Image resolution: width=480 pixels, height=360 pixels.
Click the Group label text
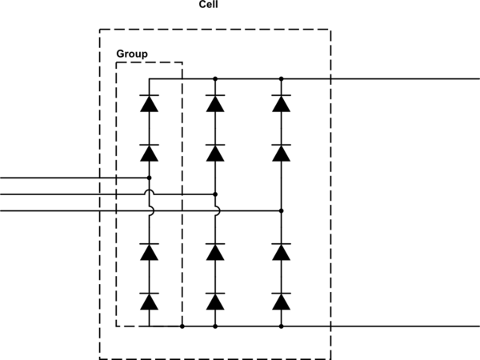(132, 54)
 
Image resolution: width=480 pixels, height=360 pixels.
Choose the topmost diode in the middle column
(215, 103)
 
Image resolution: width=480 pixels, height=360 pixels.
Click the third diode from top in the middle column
(215, 253)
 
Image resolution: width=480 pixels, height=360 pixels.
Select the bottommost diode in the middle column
(215, 302)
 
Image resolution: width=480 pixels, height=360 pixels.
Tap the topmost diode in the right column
(281, 103)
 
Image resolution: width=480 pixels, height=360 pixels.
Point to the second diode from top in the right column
(281, 152)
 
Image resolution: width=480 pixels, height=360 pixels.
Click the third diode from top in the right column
(281, 253)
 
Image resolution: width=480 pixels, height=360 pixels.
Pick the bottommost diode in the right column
(281, 302)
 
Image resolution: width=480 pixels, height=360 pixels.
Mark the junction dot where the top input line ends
(150, 178)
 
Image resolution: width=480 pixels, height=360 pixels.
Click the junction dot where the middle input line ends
(215, 194)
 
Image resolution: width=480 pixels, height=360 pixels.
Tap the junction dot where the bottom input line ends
(281, 210)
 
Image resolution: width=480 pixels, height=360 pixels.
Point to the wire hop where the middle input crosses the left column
(150, 194)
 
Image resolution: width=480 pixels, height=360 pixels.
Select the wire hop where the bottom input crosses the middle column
(215, 210)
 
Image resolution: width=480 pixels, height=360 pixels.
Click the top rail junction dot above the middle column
(215, 79)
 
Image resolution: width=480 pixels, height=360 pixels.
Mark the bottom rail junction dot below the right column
(281, 326)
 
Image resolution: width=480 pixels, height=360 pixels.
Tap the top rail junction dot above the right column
(281, 79)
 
